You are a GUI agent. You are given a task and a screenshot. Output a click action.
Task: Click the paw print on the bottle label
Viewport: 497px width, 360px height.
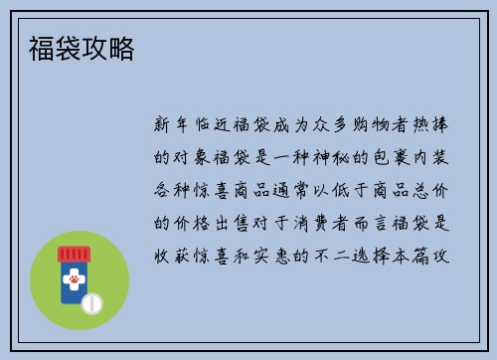pos(73,281)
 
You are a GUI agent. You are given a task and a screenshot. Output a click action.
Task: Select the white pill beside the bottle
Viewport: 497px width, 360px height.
pos(92,301)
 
